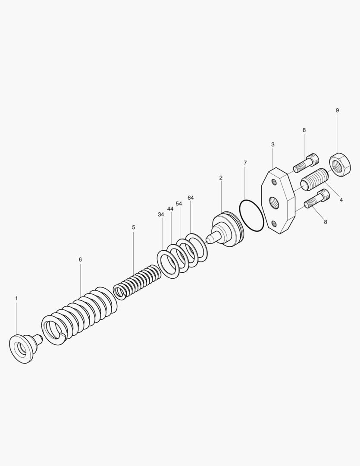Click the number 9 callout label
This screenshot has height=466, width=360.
coord(337,110)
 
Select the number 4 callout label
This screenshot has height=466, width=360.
coord(341,200)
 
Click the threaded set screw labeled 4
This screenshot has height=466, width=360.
coord(314,179)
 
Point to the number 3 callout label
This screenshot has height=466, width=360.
coord(272,145)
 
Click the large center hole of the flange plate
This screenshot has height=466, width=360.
coord(273,203)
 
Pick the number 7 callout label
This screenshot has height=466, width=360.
coord(245,163)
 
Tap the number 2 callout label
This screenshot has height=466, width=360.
coord(221,178)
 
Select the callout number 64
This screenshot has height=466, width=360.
coord(191,198)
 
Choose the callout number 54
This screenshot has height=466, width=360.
coord(179,204)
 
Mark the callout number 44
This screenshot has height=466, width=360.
coord(170,209)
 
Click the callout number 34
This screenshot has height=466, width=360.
coord(161,214)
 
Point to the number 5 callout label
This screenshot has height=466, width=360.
coord(134,227)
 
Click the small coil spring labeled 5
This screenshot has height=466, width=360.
coord(137,282)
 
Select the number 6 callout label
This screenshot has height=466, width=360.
coord(80,259)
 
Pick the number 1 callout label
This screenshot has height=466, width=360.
coord(17,298)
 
